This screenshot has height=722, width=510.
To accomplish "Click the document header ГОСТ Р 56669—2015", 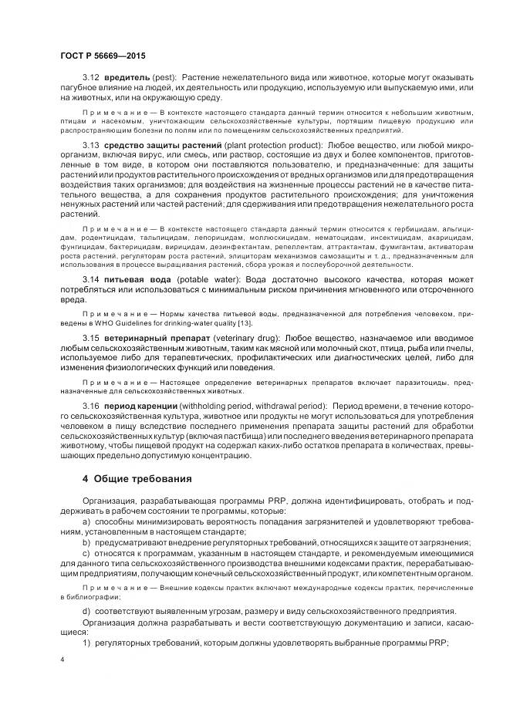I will (102, 56).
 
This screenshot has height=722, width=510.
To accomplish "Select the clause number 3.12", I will (91, 78).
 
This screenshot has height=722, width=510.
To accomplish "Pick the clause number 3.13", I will (91, 146).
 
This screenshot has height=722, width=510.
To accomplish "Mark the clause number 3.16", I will (91, 406).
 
